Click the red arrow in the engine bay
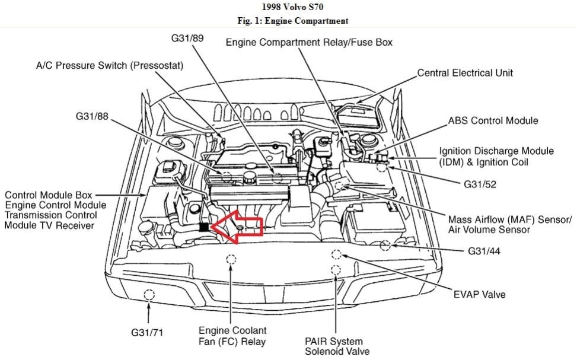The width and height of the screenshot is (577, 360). tap(237, 225)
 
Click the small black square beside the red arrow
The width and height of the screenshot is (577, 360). tap(203, 227)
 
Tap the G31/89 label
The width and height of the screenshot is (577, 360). tap(189, 39)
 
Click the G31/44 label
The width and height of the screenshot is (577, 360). tap(484, 251)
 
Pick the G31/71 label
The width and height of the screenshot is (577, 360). tap(147, 332)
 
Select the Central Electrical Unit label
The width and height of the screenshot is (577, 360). tap(465, 73)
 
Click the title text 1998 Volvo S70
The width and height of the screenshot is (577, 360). tap(289, 8)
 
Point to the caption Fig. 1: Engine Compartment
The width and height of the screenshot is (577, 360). tap(289, 21)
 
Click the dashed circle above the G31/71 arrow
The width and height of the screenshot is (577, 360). tap(149, 294)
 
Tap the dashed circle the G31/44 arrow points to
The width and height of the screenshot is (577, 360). tap(386, 245)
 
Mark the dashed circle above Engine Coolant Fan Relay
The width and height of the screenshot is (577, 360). tap(230, 259)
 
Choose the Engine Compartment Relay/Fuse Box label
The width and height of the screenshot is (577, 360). tap(309, 42)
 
